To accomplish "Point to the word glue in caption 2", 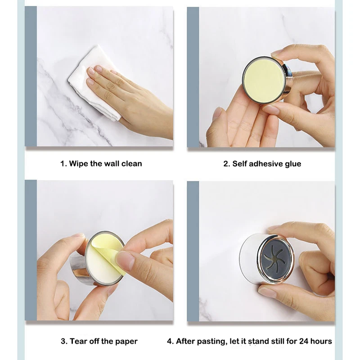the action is (293, 164).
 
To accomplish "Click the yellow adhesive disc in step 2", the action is (263, 80).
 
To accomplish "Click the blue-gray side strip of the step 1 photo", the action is (31, 76).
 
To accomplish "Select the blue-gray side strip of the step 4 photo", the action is (193, 251).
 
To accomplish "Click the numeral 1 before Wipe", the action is (63, 164).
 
